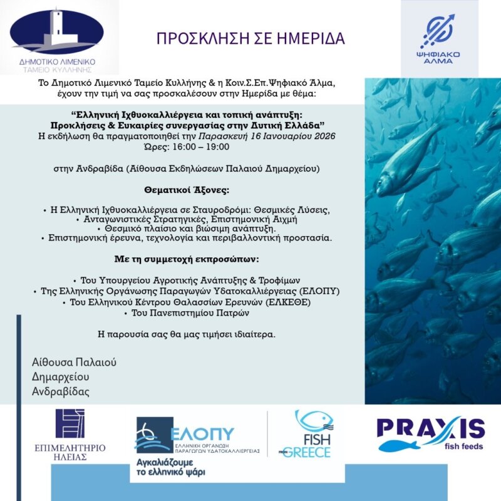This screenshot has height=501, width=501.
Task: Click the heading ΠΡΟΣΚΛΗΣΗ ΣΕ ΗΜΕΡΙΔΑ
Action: click(x=250, y=39)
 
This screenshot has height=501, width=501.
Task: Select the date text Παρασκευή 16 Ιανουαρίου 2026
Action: click(x=266, y=135)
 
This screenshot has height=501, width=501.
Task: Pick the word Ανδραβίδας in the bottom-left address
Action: click(x=61, y=391)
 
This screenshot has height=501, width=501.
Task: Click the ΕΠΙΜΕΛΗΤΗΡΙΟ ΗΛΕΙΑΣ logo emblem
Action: click(x=70, y=424)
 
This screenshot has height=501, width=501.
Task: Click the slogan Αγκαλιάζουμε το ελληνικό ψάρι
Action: click(x=170, y=467)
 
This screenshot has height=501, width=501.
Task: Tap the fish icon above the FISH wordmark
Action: click(x=313, y=420)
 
